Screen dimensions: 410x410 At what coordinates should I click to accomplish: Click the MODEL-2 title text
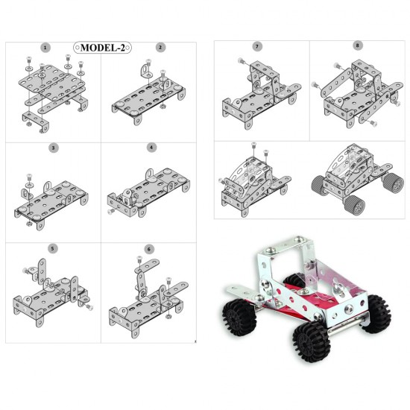[102, 47]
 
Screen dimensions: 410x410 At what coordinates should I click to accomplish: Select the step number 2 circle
[160, 47]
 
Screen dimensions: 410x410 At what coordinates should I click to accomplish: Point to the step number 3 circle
[54, 148]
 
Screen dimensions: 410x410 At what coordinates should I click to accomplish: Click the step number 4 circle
[151, 148]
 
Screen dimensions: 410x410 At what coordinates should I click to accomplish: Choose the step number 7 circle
[257, 46]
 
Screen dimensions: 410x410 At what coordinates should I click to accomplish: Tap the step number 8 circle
[358, 46]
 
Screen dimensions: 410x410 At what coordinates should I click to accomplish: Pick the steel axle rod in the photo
[343, 323]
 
